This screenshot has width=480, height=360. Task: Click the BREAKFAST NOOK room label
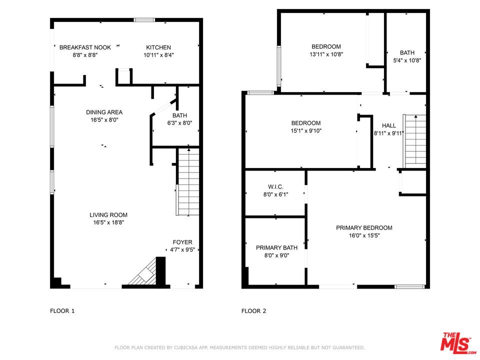pyautogui.click(x=85, y=47)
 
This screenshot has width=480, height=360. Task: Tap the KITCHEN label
pyautogui.click(x=158, y=47)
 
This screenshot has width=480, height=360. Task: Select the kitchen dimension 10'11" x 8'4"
pyautogui.click(x=158, y=55)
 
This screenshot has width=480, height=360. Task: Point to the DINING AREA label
pyautogui.click(x=104, y=112)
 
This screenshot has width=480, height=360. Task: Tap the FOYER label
pyautogui.click(x=182, y=242)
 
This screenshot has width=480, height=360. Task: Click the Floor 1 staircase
pyautogui.click(x=188, y=182)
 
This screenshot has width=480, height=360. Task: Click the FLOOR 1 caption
pyautogui.click(x=62, y=311)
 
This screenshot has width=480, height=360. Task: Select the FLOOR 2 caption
pyautogui.click(x=254, y=311)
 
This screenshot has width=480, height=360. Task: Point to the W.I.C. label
pyautogui.click(x=276, y=186)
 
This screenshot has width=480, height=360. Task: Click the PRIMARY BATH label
pyautogui.click(x=276, y=247)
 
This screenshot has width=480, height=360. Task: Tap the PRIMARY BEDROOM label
pyautogui.click(x=364, y=228)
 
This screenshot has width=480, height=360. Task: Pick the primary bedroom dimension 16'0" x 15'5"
pyautogui.click(x=364, y=235)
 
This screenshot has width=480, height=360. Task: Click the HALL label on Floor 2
pyautogui.click(x=389, y=125)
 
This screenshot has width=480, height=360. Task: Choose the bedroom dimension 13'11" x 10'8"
pyautogui.click(x=326, y=54)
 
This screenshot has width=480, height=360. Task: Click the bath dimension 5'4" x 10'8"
pyautogui.click(x=407, y=60)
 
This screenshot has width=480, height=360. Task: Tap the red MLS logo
pyautogui.click(x=456, y=342)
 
